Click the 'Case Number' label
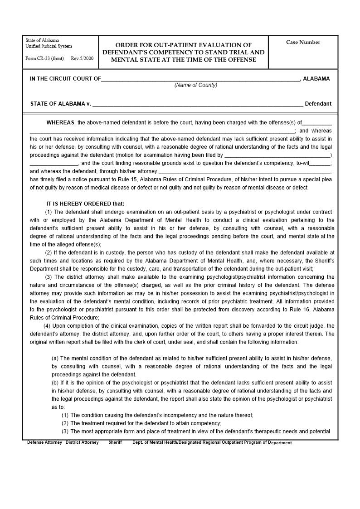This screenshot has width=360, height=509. [x=303, y=42]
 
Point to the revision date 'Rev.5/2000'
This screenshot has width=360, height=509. [x=82, y=58]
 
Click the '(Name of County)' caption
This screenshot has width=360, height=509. [x=196, y=85]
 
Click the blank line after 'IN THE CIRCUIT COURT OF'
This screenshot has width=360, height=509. [x=200, y=79]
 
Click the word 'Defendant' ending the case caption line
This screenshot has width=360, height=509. [x=318, y=104]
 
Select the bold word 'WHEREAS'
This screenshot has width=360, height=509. [x=61, y=122]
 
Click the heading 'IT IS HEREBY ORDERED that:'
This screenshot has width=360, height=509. [x=85, y=204]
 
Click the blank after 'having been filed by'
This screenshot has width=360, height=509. [x=277, y=155]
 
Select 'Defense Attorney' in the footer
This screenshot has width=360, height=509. [x=44, y=442]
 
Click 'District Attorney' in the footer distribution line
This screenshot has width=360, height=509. [x=82, y=442]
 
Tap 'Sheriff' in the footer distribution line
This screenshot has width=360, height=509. [x=115, y=442]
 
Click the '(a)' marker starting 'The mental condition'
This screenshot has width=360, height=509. [x=55, y=359]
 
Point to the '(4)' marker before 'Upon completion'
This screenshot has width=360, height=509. [x=47, y=326]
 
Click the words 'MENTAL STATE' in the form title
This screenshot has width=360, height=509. [x=132, y=59]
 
